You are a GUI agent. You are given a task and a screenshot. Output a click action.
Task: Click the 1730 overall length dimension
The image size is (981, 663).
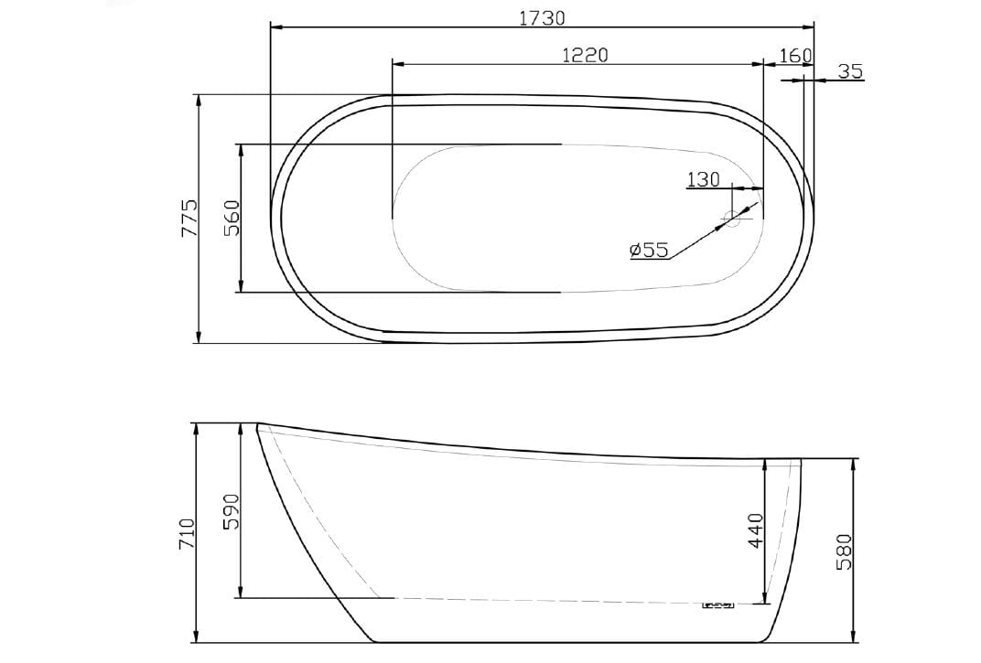542,17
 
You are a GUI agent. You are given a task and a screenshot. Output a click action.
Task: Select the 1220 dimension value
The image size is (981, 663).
585,55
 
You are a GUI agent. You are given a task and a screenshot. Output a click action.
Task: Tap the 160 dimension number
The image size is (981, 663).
795,56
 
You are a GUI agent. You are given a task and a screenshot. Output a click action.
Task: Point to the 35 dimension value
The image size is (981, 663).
850,70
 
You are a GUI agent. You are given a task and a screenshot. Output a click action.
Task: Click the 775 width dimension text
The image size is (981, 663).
189,219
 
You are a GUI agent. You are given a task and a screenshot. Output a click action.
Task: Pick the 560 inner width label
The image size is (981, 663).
232,219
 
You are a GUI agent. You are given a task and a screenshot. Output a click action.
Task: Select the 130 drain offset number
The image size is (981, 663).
703,179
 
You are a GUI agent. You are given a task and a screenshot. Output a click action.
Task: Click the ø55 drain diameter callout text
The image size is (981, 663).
649,250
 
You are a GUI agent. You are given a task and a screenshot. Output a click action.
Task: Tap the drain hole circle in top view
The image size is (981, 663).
733,218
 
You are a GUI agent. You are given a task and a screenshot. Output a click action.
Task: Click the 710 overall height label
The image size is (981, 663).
188,533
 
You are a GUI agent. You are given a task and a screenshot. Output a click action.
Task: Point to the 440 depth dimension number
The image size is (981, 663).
755,529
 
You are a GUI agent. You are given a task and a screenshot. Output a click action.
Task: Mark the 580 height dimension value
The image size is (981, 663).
844,551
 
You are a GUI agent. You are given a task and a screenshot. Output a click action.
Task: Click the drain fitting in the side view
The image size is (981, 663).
718,604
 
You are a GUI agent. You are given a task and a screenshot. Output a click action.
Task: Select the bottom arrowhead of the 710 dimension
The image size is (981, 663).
197,636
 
